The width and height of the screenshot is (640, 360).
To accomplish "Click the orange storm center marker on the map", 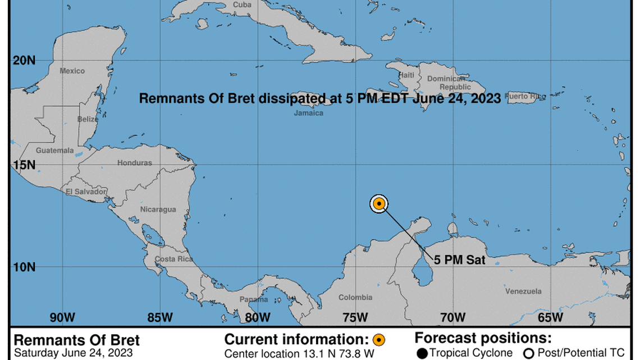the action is pyautogui.click(x=379, y=203).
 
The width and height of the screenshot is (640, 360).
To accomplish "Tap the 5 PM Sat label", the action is pyautogui.click(x=459, y=261).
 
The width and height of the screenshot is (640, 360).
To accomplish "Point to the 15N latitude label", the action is pyautogui.click(x=24, y=165).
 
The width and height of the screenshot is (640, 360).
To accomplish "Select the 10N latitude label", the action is pyautogui.click(x=24, y=267).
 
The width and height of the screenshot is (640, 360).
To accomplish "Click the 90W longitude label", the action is pyautogui.click(x=62, y=317).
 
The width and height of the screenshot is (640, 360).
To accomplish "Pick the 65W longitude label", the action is pyautogui.click(x=550, y=317).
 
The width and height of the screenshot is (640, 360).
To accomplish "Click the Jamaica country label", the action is pyautogui.click(x=309, y=113).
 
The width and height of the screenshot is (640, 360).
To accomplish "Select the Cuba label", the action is pyautogui.click(x=242, y=4).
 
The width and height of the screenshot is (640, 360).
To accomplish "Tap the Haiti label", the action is pyautogui.click(x=406, y=75).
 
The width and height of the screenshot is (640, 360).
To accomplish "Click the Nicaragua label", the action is pyautogui.click(x=158, y=209).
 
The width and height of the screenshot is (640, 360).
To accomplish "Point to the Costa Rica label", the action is pyautogui.click(x=173, y=259).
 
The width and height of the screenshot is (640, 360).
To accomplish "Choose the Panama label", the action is pyautogui.click(x=254, y=299).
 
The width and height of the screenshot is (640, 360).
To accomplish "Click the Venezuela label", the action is pyautogui.click(x=523, y=291).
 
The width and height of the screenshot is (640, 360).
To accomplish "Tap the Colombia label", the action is pyautogui.click(x=355, y=298).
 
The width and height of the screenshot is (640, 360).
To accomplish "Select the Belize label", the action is pyautogui.click(x=88, y=120).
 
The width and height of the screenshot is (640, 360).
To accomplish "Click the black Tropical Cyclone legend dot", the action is pyautogui.click(x=422, y=354).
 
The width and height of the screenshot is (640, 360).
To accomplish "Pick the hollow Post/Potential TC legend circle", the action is pyautogui.click(x=528, y=354).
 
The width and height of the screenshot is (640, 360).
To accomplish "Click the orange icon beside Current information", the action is pyautogui.click(x=378, y=340).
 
